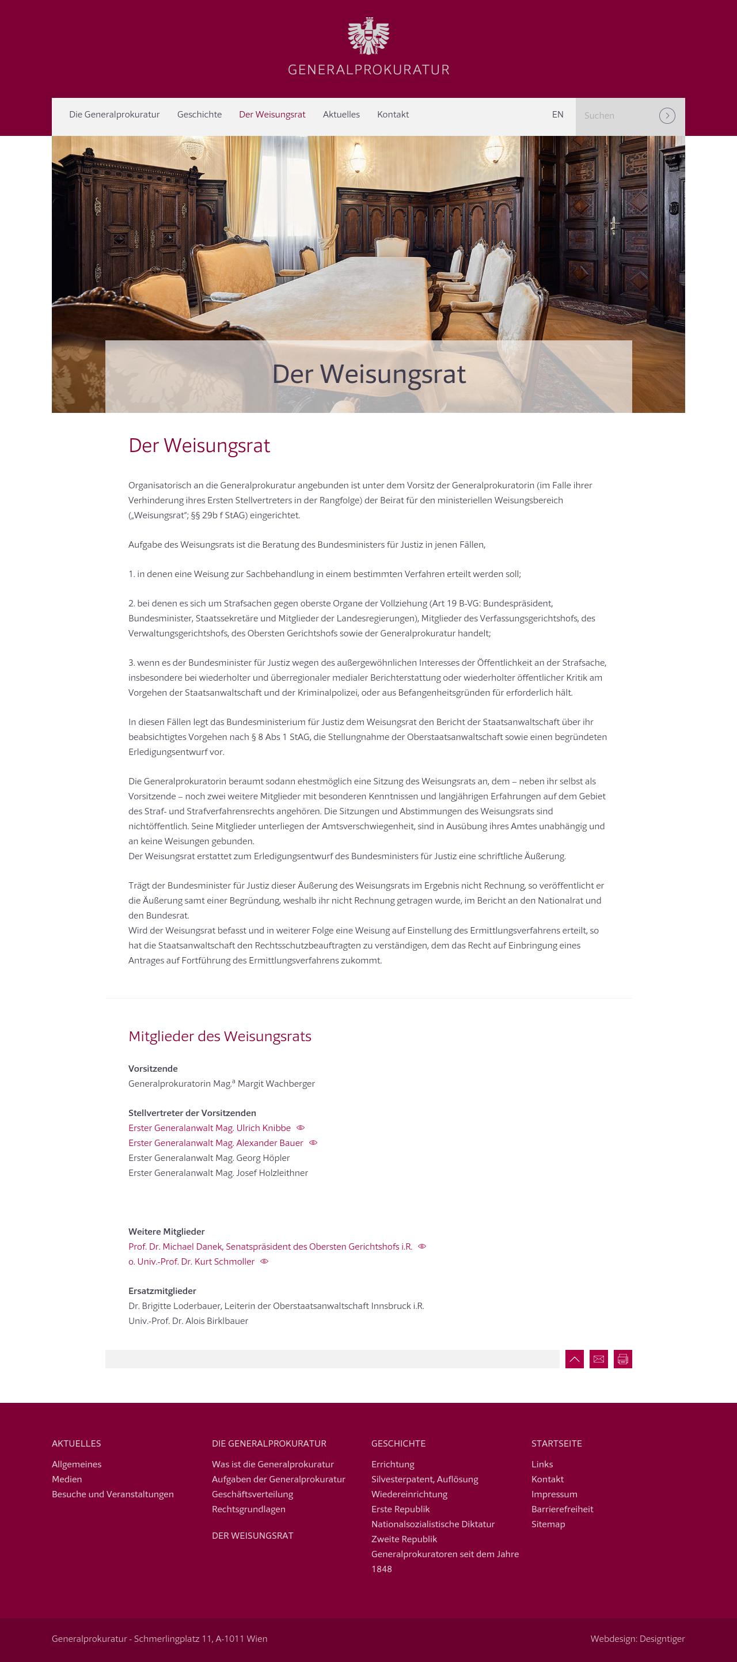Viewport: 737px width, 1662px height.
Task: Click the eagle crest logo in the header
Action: point(368,37)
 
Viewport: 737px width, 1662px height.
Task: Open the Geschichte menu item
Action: point(199,115)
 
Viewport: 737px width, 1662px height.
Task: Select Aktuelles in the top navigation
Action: point(341,115)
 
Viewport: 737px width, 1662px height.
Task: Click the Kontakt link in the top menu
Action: point(393,115)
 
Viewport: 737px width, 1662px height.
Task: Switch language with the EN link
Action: point(558,115)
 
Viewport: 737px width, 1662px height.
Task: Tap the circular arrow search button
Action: point(667,116)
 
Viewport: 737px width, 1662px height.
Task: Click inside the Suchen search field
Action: point(616,116)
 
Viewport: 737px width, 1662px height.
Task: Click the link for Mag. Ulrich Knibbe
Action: point(210,1128)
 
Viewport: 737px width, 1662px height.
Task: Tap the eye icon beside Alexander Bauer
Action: point(313,1143)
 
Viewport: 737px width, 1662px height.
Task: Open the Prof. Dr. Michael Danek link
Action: point(270,1246)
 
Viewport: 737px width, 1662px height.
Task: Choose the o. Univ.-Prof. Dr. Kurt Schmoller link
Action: point(192,1261)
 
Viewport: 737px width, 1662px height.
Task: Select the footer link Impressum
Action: point(554,1494)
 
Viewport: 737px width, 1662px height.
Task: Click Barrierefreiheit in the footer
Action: point(561,1509)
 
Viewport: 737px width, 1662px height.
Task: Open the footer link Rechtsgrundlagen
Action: point(248,1509)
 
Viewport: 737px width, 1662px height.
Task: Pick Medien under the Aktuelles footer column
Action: point(67,1479)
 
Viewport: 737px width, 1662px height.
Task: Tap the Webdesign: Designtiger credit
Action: point(637,1639)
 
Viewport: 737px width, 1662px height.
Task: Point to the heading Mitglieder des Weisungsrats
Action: point(220,1037)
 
